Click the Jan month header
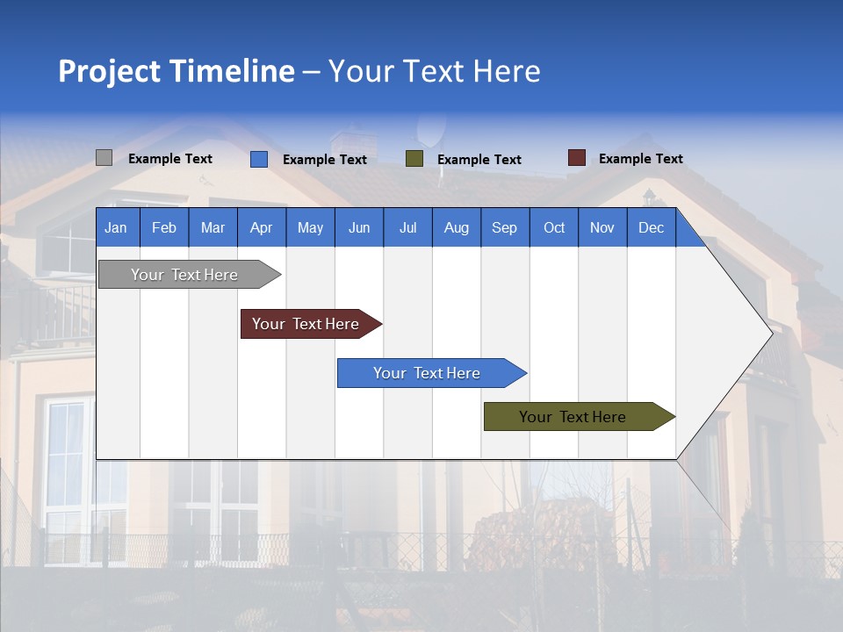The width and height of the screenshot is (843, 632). tap(116, 227)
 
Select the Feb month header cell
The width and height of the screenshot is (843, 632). tap(164, 227)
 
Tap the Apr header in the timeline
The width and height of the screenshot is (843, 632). tap(261, 227)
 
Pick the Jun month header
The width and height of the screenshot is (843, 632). tap(359, 227)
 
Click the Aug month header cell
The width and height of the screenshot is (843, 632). tap(456, 227)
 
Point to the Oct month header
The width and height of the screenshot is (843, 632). tap(554, 227)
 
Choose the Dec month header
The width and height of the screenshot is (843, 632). tap(651, 227)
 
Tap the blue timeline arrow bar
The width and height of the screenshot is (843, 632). tap(428, 373)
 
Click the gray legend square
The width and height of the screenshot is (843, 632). tap(104, 158)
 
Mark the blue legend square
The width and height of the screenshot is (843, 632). tap(259, 159)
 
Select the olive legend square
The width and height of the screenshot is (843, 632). tap(414, 159)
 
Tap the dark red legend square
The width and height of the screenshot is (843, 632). tap(577, 158)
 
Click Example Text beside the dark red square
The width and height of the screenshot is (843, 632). tap(640, 159)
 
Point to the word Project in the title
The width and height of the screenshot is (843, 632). tap(110, 71)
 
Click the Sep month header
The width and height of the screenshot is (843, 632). tap(504, 227)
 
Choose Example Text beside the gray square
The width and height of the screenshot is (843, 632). tap(170, 159)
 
